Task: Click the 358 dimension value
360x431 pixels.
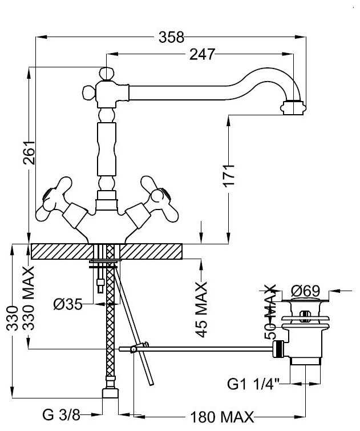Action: (x=172, y=38)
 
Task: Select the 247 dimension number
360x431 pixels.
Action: (x=203, y=54)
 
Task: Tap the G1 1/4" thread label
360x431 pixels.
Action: (x=254, y=384)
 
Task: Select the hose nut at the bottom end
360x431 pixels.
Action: (x=110, y=396)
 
